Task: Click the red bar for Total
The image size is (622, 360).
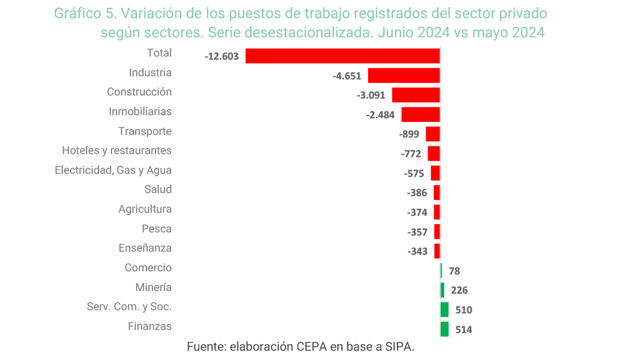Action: [x=342, y=56]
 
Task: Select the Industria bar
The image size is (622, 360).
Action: [x=403, y=76]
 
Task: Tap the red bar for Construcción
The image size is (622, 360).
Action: [x=415, y=95]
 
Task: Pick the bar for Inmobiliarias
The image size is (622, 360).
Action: [x=420, y=115]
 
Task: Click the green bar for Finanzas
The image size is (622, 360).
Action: [x=444, y=329]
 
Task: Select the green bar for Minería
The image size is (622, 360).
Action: [x=442, y=290]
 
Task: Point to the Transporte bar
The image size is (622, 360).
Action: [x=433, y=134]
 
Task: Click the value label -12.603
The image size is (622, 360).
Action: [x=221, y=56]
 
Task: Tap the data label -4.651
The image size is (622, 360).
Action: [x=346, y=76]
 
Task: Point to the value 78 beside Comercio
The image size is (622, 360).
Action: [x=454, y=271]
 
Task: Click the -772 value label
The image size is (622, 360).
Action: [x=411, y=154]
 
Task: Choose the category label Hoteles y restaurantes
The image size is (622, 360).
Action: [x=117, y=150]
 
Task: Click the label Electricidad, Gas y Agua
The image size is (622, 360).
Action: [x=113, y=170]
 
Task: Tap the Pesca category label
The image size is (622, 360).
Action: [x=157, y=229]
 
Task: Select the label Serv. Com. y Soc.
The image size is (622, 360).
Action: [x=129, y=307]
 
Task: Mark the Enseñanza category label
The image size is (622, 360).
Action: [x=145, y=248]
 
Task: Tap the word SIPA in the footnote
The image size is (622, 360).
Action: [x=400, y=347]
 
